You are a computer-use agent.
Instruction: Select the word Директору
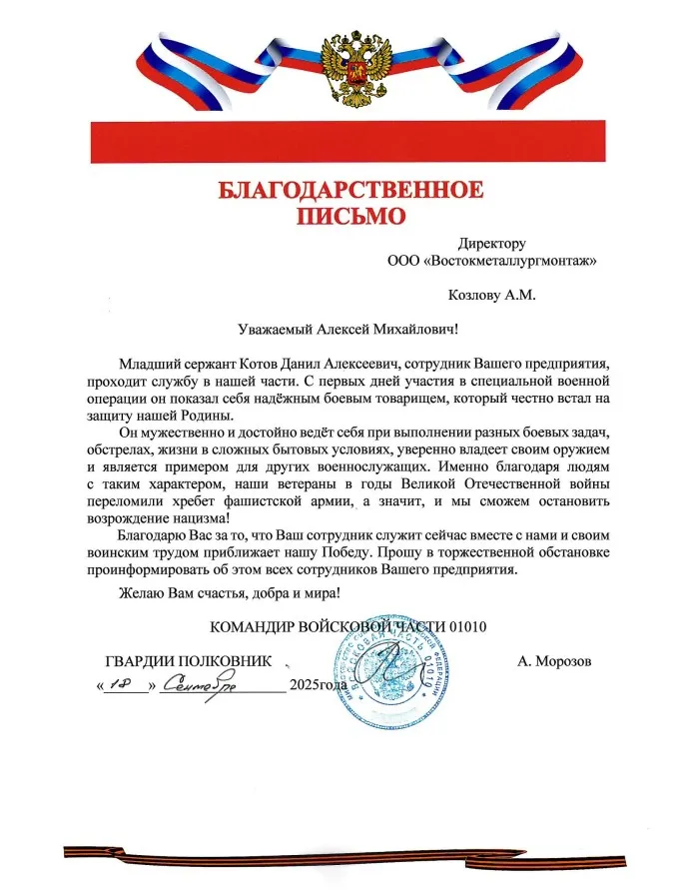point(492,243)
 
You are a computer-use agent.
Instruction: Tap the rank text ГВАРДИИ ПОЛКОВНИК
point(188,661)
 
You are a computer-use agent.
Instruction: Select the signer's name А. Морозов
point(555,661)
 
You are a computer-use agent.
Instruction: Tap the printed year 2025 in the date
point(303,685)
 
